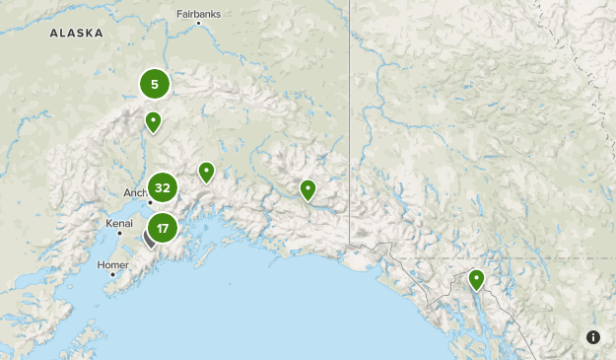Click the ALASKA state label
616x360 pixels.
pyautogui.click(x=76, y=33)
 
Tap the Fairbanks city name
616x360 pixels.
pyautogui.click(x=198, y=14)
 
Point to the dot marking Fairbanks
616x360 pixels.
pyautogui.click(x=198, y=23)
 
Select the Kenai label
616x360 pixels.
pyautogui.click(x=119, y=224)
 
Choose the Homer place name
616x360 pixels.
pyautogui.click(x=113, y=265)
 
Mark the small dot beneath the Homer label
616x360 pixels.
pyautogui.click(x=112, y=275)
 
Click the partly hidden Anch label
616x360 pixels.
pyautogui.click(x=135, y=193)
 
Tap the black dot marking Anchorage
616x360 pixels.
pyautogui.click(x=150, y=202)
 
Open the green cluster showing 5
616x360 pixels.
pyautogui.click(x=155, y=84)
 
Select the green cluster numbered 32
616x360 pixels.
pyautogui.click(x=163, y=187)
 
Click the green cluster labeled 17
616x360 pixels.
pyautogui.click(x=163, y=229)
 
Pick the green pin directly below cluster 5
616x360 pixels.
pyautogui.click(x=153, y=122)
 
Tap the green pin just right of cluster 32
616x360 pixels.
pyautogui.click(x=206, y=173)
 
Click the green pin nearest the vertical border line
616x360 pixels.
pyautogui.click(x=308, y=189)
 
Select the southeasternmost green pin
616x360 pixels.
pyautogui.click(x=476, y=280)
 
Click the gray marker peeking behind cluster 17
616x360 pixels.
pyautogui.click(x=149, y=238)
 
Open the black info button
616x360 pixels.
pyautogui.click(x=593, y=337)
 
